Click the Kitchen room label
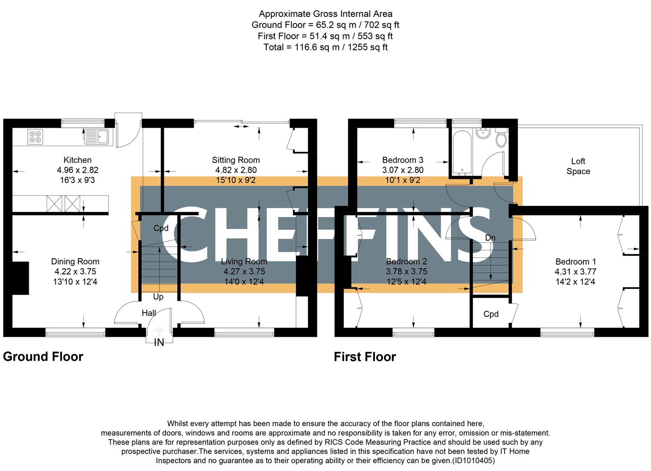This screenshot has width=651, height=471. pyautogui.click(x=78, y=160)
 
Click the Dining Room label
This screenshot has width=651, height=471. pyautogui.click(x=75, y=262)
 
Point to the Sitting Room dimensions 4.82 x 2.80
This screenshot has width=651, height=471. pyautogui.click(x=236, y=170)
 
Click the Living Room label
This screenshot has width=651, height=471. pyautogui.click(x=244, y=262)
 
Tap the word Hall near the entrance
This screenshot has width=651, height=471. pyautogui.click(x=148, y=313)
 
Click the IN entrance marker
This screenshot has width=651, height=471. pyautogui.click(x=159, y=343)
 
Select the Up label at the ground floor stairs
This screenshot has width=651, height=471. pyautogui.click(x=158, y=297)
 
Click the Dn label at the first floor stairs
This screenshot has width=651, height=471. pyautogui.click(x=490, y=238)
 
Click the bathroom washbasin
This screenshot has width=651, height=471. pyautogui.click(x=482, y=133)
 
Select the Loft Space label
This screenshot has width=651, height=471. pyautogui.click(x=578, y=166)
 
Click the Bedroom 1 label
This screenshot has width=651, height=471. pyautogui.click(x=575, y=262)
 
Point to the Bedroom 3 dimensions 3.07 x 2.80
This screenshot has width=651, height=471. pyautogui.click(x=403, y=170)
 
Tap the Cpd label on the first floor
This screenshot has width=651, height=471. pyautogui.click(x=491, y=314)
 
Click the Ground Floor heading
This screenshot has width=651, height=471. pyautogui.click(x=43, y=357)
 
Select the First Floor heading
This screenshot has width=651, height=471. pyautogui.click(x=365, y=357)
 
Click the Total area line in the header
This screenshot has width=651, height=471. pyautogui.click(x=325, y=47)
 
